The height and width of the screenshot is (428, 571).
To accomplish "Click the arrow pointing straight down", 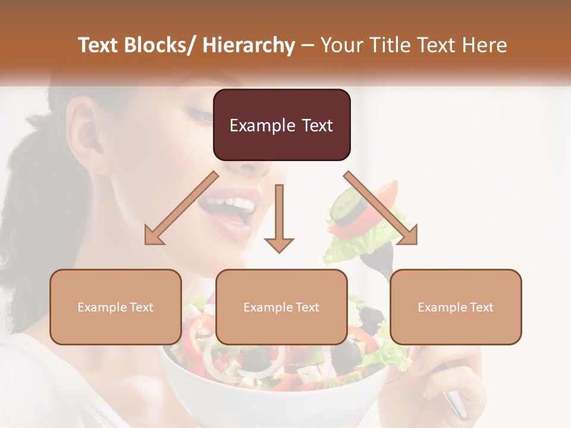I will click(279, 220).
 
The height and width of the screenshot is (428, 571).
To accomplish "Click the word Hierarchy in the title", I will click(249, 45).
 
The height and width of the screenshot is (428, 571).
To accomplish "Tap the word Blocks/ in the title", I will click(160, 45).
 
